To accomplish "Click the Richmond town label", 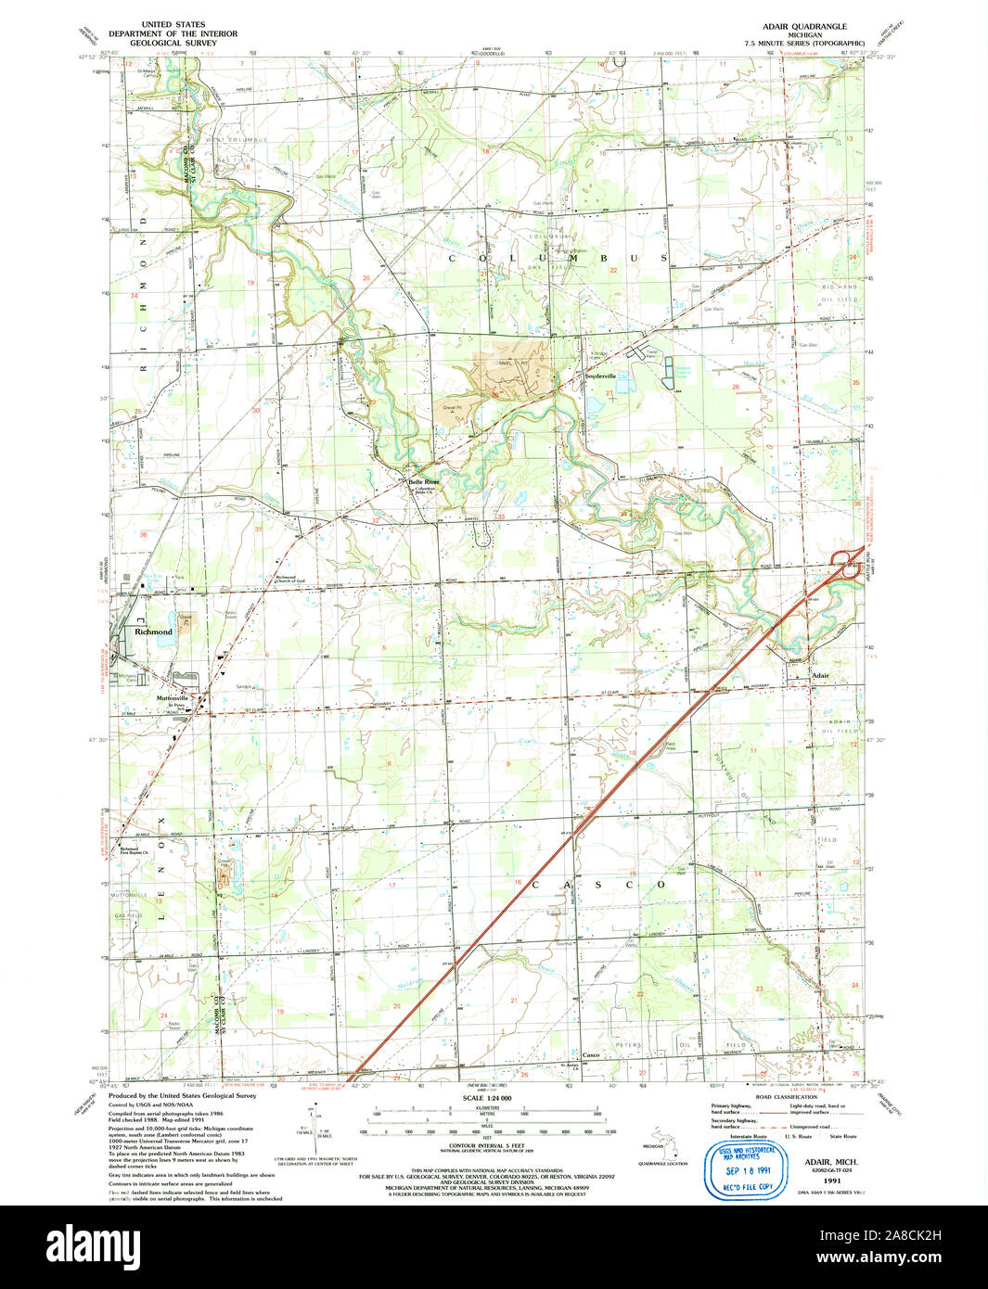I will pyautogui.click(x=153, y=632).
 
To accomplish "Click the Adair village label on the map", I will pyautogui.click(x=820, y=676).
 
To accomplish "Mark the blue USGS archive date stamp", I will pyautogui.click(x=748, y=1161).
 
